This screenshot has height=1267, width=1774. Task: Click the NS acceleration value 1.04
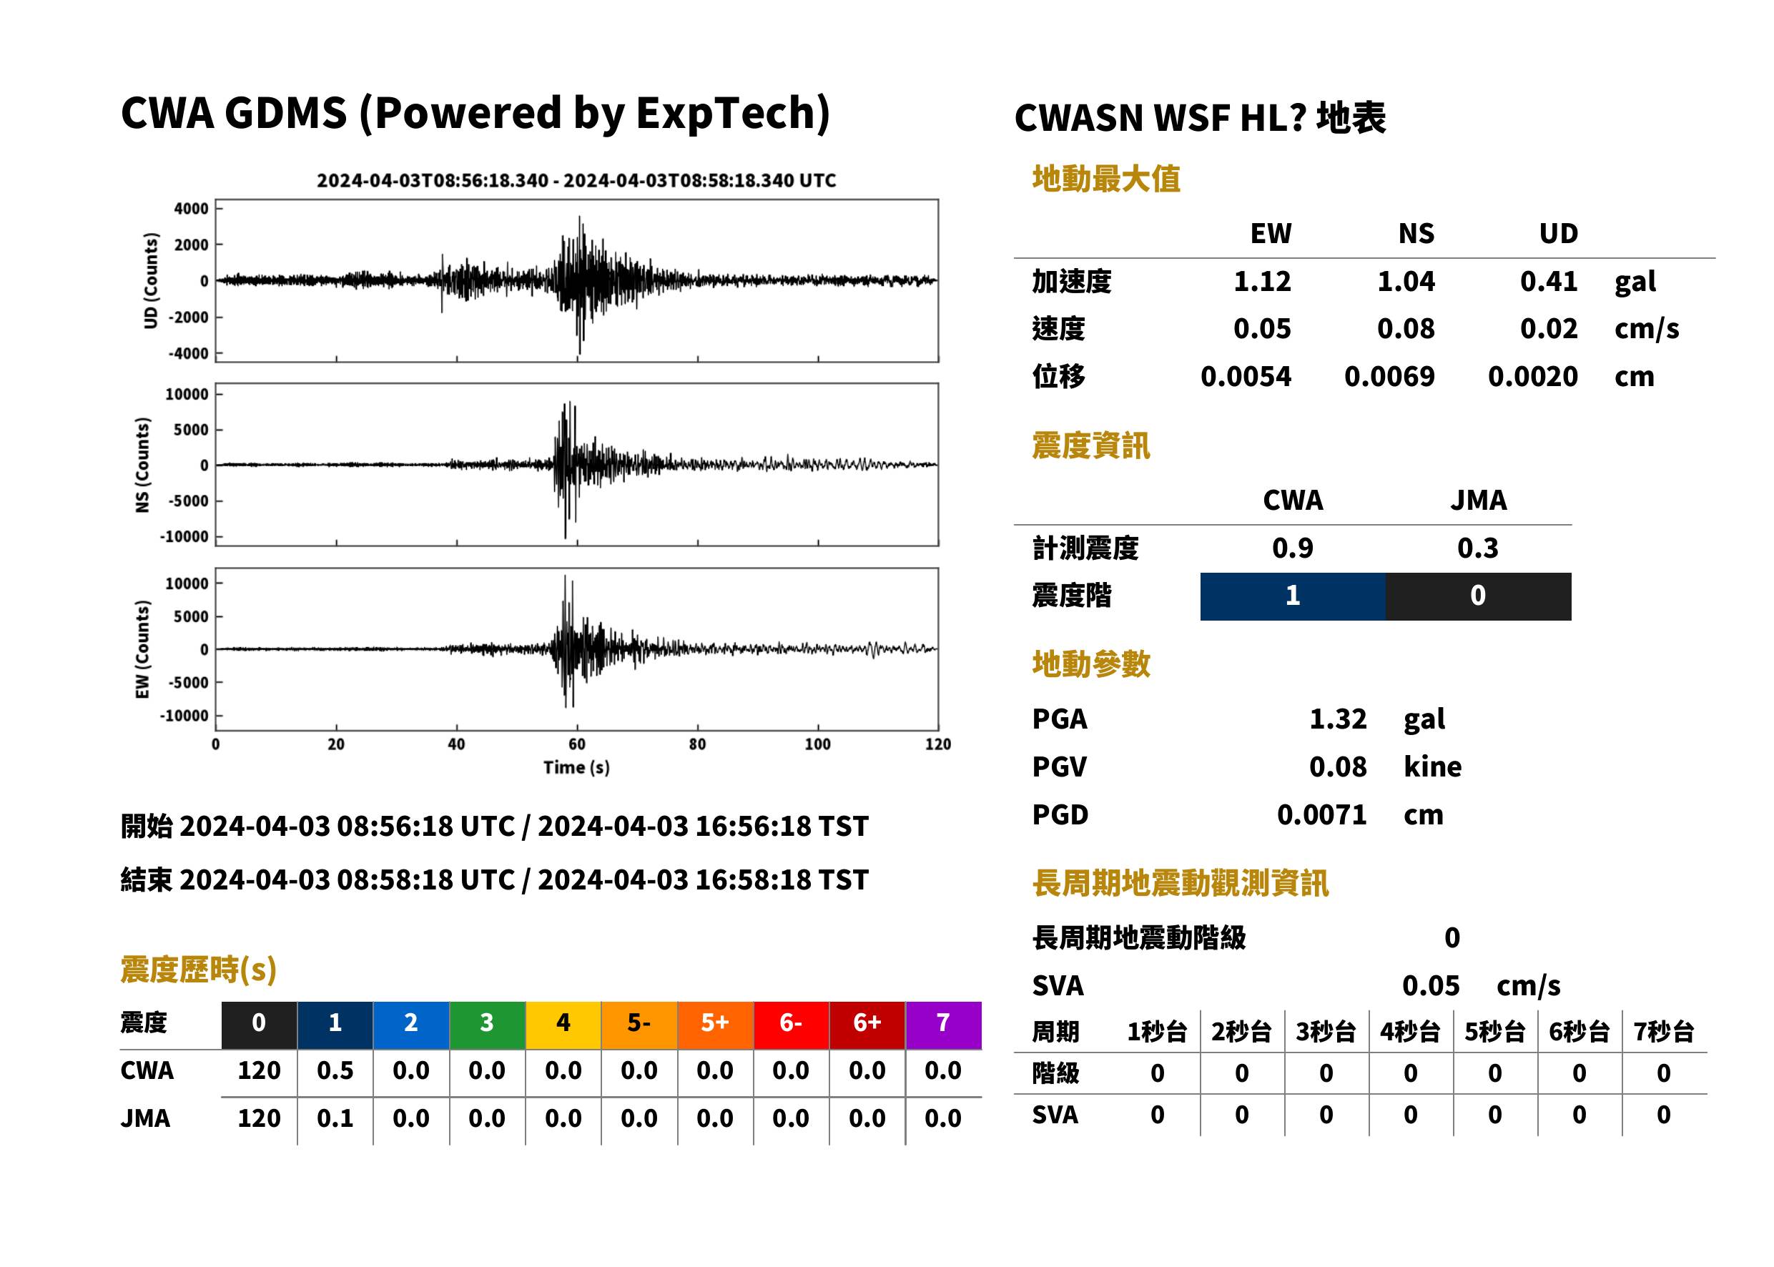click(1405, 281)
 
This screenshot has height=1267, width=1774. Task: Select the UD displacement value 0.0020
click(1532, 376)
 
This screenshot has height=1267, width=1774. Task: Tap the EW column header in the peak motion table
click(1270, 233)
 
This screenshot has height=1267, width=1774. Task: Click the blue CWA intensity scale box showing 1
click(1292, 596)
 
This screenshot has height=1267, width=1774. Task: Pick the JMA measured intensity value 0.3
click(1477, 548)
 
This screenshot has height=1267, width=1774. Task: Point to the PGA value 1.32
click(1337, 719)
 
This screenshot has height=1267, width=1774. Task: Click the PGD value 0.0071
click(1321, 814)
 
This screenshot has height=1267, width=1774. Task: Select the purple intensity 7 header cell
click(943, 1025)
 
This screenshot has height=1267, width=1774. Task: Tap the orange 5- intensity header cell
click(639, 1025)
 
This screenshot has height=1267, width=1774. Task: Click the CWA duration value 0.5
click(335, 1070)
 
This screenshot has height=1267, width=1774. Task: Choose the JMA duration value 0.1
click(335, 1118)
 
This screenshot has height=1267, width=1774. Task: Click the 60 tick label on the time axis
click(576, 744)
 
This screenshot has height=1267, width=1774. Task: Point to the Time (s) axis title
click(576, 768)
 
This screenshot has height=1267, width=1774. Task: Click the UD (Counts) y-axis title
click(151, 281)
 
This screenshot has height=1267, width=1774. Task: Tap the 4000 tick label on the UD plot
click(191, 208)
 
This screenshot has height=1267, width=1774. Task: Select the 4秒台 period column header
click(1409, 1032)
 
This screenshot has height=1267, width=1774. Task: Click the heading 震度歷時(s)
click(198, 970)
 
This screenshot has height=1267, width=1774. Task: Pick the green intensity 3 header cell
click(487, 1025)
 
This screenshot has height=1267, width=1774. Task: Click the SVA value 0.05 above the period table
click(1430, 985)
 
